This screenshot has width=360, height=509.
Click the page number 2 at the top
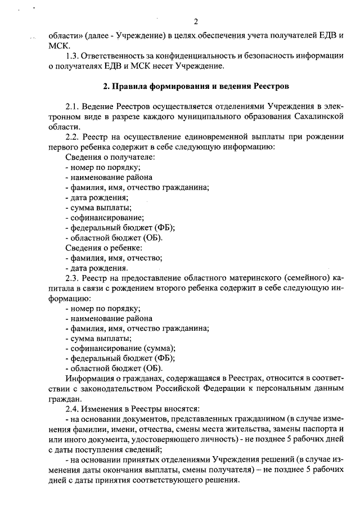point(195,22)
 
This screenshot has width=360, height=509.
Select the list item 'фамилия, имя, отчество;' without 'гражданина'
point(114,258)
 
